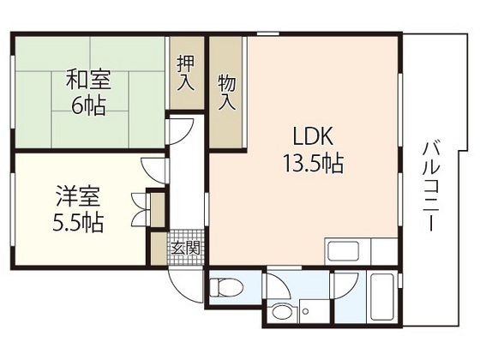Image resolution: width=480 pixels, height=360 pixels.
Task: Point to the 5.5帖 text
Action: coord(77,224)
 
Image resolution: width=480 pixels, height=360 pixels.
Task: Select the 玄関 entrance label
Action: coord(185,248)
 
